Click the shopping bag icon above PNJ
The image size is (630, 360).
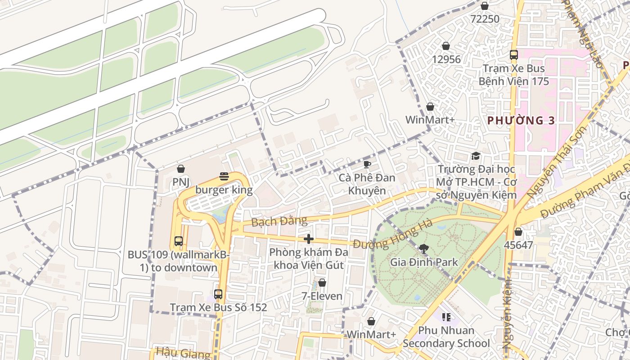click(x=181, y=169)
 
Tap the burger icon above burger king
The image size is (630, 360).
click(x=224, y=176)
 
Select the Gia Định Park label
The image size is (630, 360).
click(x=424, y=262)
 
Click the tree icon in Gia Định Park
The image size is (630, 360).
click(x=423, y=248)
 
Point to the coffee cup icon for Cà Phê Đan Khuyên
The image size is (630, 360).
click(x=367, y=164)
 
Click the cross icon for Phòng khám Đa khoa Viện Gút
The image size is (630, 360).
click(x=309, y=239)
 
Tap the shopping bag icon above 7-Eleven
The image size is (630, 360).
click(x=322, y=283)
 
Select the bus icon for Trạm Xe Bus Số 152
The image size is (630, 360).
click(x=218, y=294)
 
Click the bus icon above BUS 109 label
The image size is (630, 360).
click(x=179, y=241)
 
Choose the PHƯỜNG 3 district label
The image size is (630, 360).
click(x=521, y=121)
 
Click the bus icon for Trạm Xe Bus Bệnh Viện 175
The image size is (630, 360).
click(x=514, y=55)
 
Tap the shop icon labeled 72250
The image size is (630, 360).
click(x=485, y=6)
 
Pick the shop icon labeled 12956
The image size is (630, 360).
click(x=446, y=46)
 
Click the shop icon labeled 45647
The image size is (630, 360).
click(x=518, y=232)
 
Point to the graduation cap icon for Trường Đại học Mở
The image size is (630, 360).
click(x=476, y=156)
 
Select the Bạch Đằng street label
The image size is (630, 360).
click(x=279, y=221)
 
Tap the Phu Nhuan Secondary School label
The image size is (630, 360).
click(x=446, y=337)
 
